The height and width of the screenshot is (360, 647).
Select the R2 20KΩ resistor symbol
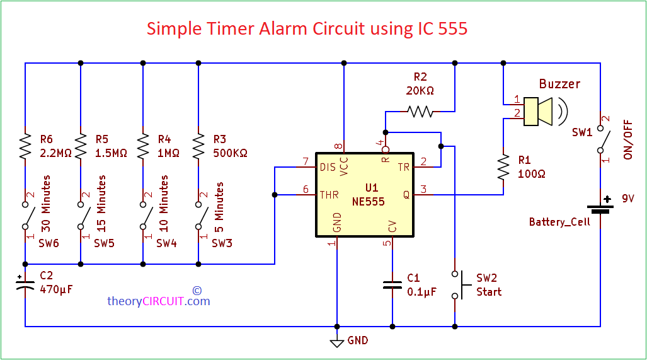click(420, 112)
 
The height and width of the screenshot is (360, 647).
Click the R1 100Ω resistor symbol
click(503, 168)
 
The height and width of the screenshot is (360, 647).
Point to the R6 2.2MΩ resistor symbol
click(25, 146)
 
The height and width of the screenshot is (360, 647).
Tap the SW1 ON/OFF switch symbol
click(600, 141)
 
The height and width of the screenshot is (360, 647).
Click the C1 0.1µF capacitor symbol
click(392, 284)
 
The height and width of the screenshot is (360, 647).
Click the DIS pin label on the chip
click(328, 167)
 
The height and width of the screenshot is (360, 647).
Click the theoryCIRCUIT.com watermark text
click(158, 301)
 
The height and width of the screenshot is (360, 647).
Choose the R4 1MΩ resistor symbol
click(143, 146)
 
